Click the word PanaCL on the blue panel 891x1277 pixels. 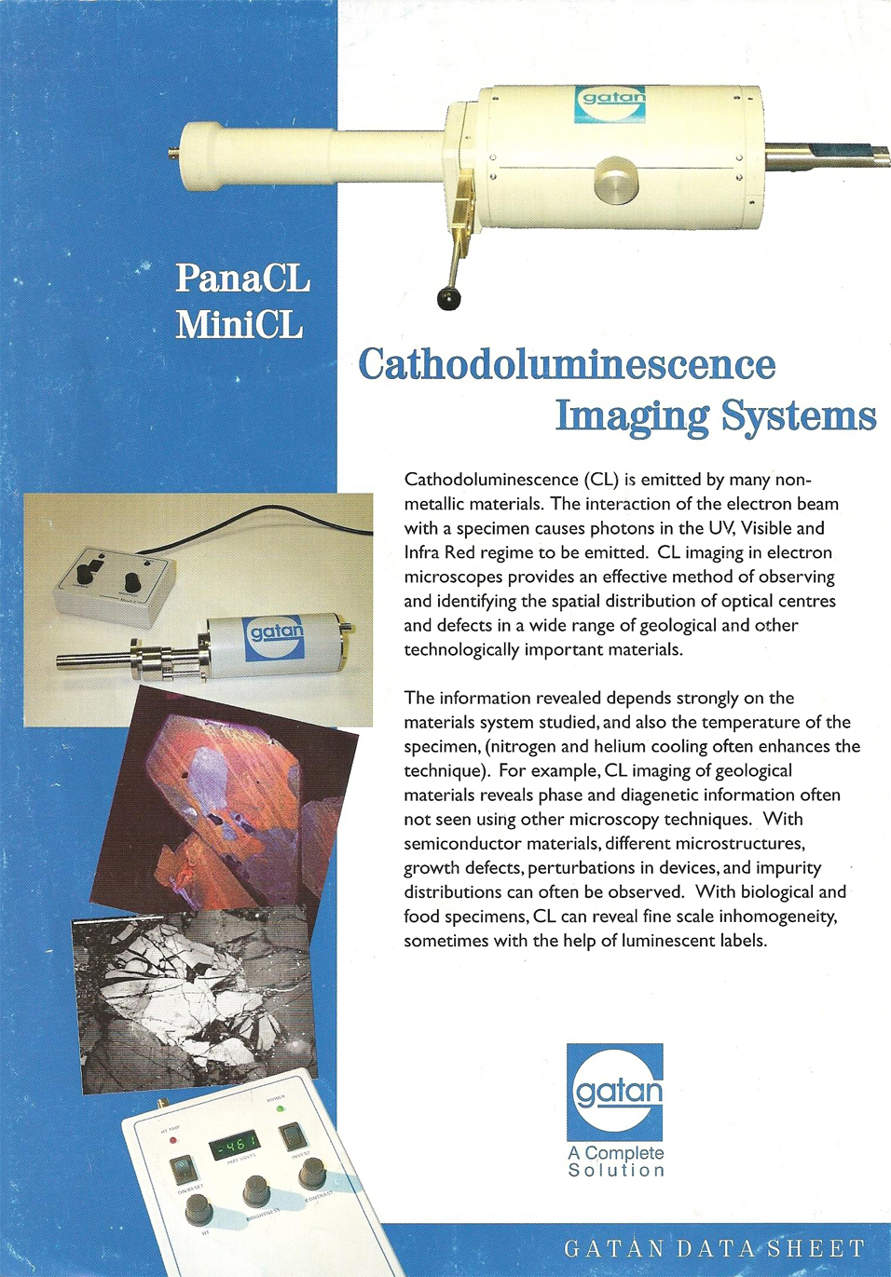242,278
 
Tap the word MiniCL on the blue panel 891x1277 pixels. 240,325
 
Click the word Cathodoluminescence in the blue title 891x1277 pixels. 567,364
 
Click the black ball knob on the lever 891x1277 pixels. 449,299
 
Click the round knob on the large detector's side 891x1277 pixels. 616,178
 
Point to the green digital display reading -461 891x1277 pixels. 233,1145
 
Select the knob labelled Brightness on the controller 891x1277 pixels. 256,1189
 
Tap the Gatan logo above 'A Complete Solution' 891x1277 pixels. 615,1091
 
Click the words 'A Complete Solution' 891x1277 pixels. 616,1162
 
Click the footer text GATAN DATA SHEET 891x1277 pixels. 715,1248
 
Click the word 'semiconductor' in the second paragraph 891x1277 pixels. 462,844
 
